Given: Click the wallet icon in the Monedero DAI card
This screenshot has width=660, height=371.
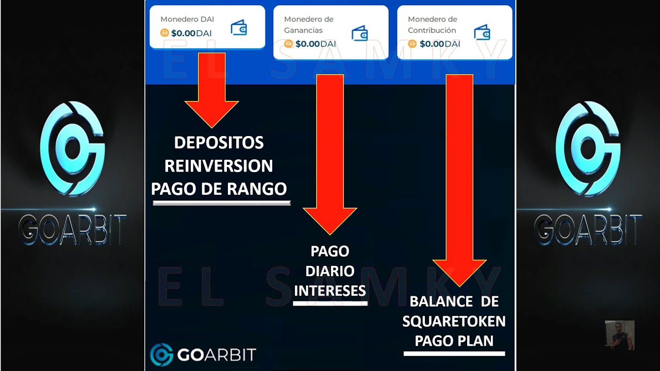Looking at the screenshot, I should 238,27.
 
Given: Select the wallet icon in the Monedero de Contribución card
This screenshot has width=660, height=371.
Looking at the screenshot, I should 482,32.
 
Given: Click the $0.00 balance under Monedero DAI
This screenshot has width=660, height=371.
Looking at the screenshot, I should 184,33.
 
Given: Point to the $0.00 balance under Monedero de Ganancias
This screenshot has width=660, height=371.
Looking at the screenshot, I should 308,44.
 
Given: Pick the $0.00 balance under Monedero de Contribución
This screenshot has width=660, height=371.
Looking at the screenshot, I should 432,44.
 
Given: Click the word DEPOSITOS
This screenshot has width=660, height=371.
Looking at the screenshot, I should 219,143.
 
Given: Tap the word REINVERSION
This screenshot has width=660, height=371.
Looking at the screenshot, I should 219,166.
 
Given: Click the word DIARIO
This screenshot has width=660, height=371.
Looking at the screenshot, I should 330,271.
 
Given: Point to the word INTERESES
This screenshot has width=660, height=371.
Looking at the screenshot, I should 330,291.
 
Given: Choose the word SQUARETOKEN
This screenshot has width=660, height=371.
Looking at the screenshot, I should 454,322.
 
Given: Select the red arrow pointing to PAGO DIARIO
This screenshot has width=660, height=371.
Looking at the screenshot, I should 330,155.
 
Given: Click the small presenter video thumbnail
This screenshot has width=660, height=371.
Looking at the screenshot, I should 619,335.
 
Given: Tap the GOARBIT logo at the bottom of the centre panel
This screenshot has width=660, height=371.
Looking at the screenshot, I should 203,355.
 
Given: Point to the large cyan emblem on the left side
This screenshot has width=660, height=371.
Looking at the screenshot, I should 72,148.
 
